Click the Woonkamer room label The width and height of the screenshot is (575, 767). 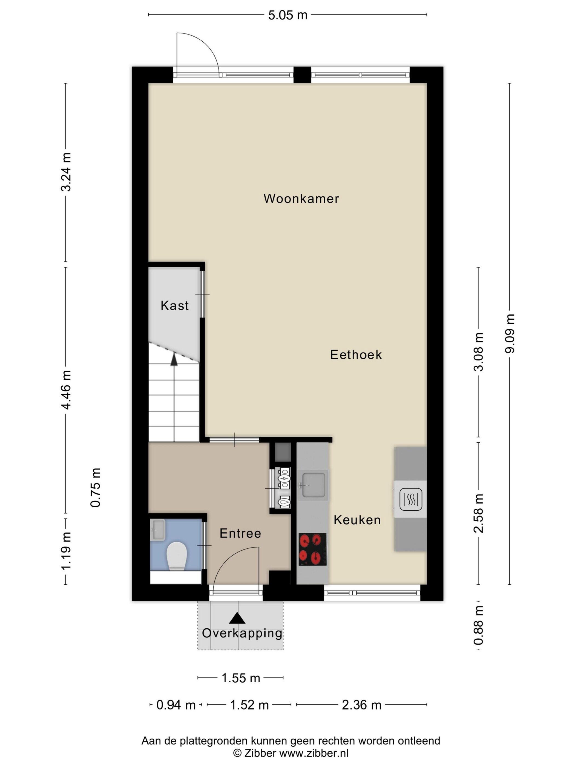click(x=301, y=199)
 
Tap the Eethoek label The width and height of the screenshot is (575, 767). click(x=356, y=355)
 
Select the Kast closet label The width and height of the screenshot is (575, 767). click(x=175, y=305)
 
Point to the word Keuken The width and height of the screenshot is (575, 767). click(x=357, y=520)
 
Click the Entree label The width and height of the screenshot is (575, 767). click(x=240, y=533)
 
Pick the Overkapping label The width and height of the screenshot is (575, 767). click(x=242, y=633)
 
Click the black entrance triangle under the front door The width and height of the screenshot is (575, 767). click(x=237, y=618)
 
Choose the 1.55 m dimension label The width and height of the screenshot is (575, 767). click(x=240, y=678)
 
